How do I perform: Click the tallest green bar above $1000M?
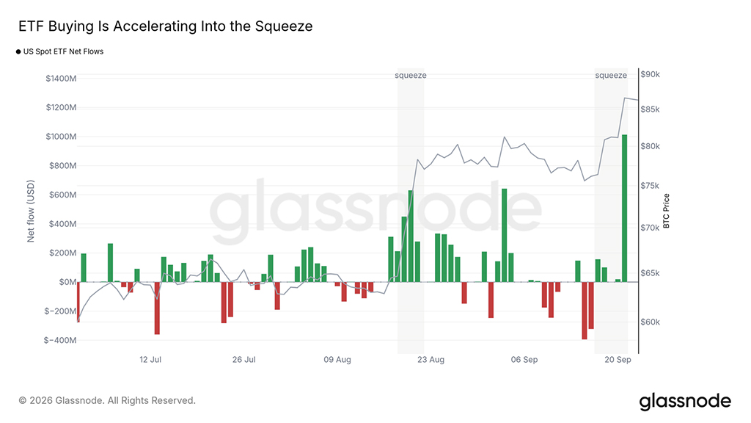tap(625, 208)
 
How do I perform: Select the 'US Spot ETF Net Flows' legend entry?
tap(60, 51)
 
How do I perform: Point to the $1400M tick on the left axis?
tap(61, 78)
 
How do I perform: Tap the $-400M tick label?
tap(60, 340)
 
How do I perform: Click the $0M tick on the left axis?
tap(67, 282)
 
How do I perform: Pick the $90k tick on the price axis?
tap(651, 74)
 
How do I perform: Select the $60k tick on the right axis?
tap(651, 322)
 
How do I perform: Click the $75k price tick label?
tap(651, 186)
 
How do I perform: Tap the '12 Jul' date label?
tap(150, 360)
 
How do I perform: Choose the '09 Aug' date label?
tap(337, 360)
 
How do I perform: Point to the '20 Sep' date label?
tap(618, 360)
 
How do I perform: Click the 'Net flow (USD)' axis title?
tap(31, 211)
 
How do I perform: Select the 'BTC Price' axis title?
tap(666, 211)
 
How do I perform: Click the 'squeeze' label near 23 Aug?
tap(411, 76)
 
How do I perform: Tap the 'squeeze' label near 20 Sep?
tap(611, 76)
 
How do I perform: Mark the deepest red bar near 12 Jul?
tap(157, 308)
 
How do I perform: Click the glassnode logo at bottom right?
tap(685, 401)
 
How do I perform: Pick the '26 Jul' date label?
tap(243, 360)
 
